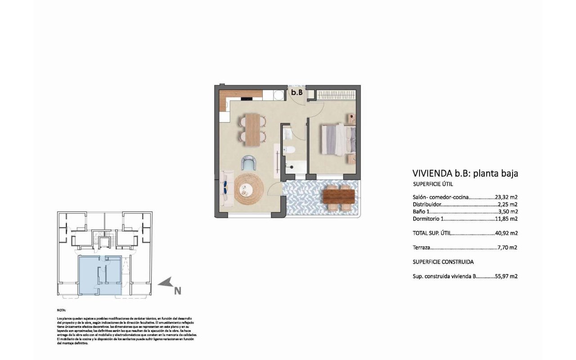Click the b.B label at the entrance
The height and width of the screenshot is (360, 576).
[x=296, y=93]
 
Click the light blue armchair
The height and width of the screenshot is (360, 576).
[x=248, y=162]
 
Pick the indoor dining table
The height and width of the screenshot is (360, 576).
[x=252, y=130]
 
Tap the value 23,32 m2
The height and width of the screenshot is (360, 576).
[x=506, y=197]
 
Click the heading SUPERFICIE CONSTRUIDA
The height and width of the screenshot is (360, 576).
[x=443, y=262]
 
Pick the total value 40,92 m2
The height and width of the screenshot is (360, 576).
[x=506, y=234]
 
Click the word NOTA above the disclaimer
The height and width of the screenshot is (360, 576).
[x=62, y=310]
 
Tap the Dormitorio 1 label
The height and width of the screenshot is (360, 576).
[x=428, y=219]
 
